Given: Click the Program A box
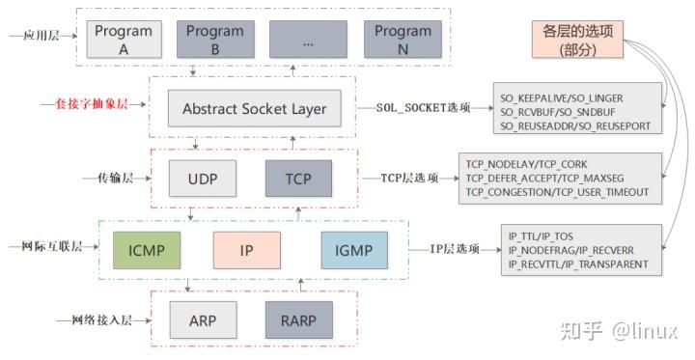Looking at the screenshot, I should coord(123,39).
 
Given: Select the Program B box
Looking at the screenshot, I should coord(214,39).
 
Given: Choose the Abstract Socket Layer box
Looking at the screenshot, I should coord(255,108).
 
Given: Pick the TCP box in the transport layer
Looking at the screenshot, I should coord(298,179).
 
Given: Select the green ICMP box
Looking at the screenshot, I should coord(146,249).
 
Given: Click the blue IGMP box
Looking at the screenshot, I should coord(353,249).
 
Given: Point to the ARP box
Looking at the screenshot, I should coord(202,318).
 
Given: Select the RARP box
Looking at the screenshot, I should coord(298,318).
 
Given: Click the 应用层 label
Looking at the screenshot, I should coord(38,36).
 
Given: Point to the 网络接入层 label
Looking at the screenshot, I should coord(94,318).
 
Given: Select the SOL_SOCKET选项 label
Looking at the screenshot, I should coord(422,108).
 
